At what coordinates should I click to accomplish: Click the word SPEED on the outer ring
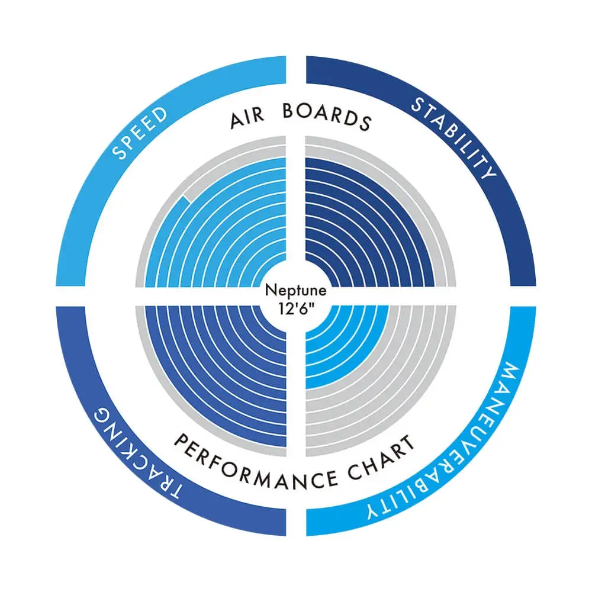point(140,133)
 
